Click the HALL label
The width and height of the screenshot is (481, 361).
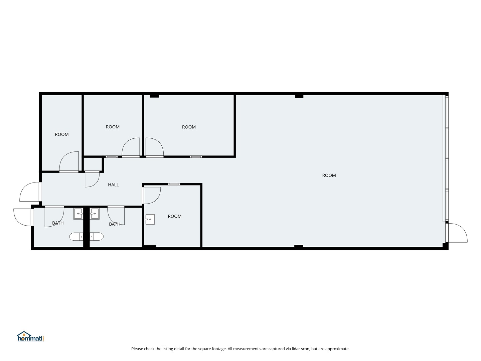[113, 185]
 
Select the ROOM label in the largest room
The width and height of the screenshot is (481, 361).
[329, 175]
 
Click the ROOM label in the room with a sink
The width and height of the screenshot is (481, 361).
[175, 216]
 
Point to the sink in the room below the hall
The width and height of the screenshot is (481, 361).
[150, 219]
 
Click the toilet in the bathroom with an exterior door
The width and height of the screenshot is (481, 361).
[76, 237]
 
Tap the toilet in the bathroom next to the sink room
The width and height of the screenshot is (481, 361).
[97, 237]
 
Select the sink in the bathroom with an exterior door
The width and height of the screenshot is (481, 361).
[78, 214]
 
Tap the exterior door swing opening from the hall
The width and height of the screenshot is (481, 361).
[29, 192]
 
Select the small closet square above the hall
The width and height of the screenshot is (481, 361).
[93, 164]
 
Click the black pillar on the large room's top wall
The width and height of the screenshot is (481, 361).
[299, 97]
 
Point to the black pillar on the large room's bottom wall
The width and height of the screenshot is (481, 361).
[299, 246]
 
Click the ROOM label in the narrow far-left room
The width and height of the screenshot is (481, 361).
[61, 135]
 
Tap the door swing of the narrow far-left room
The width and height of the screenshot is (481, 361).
[69, 161]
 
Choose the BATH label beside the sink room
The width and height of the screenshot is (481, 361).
[115, 224]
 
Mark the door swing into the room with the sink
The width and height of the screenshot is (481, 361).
[152, 196]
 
